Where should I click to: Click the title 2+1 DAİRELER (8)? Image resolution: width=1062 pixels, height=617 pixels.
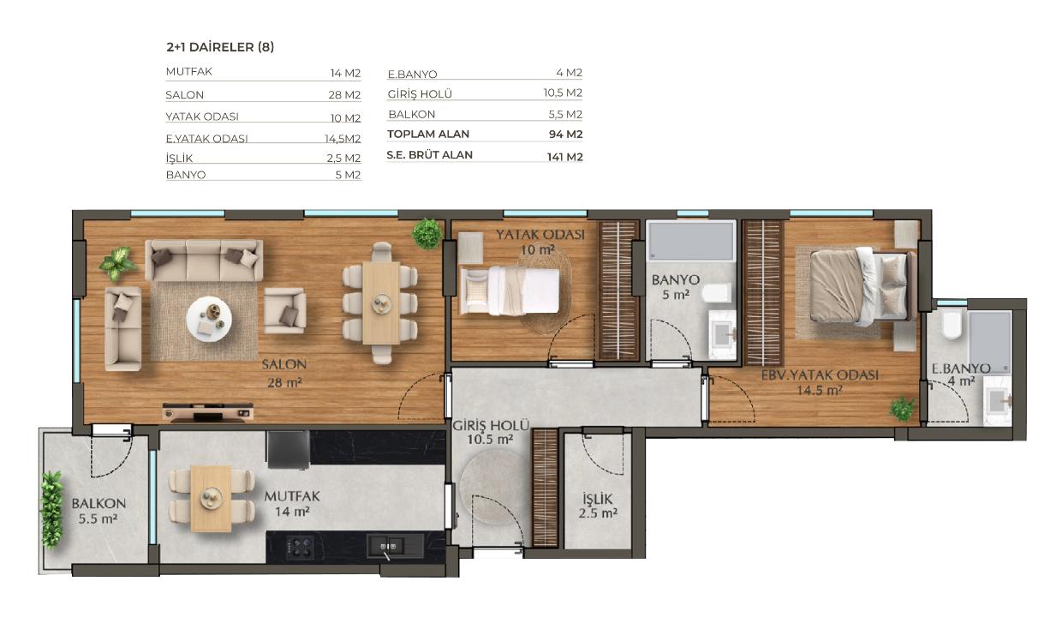click(220, 47)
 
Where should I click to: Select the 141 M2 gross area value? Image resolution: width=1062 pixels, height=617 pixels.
click(564, 157)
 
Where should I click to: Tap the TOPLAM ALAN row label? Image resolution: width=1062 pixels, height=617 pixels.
click(428, 135)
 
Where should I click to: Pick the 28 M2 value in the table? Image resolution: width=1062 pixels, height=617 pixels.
click(344, 95)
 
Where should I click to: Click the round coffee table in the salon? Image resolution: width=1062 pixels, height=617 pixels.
click(209, 319)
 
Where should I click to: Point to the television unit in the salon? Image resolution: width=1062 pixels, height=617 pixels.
click(207, 412)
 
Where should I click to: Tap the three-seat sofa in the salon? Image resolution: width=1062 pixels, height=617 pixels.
click(204, 261)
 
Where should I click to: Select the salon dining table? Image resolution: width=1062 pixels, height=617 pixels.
click(381, 303)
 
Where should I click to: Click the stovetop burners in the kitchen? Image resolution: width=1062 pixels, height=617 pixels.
click(300, 547)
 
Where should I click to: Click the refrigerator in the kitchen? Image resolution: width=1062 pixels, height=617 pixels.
click(288, 449)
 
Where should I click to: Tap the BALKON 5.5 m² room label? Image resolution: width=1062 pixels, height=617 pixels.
click(98, 511)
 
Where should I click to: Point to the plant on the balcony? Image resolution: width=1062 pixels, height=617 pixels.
click(51, 510)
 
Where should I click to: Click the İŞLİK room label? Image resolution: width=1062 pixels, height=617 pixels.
click(598, 499)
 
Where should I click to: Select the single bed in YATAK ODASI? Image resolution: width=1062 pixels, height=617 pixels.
click(510, 291)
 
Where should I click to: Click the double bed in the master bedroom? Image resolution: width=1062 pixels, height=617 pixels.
click(862, 286)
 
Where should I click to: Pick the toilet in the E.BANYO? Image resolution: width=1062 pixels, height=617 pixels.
click(952, 324)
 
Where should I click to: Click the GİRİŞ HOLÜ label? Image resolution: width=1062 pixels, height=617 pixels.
click(491, 425)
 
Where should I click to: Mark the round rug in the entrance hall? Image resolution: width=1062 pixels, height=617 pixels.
click(494, 487)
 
